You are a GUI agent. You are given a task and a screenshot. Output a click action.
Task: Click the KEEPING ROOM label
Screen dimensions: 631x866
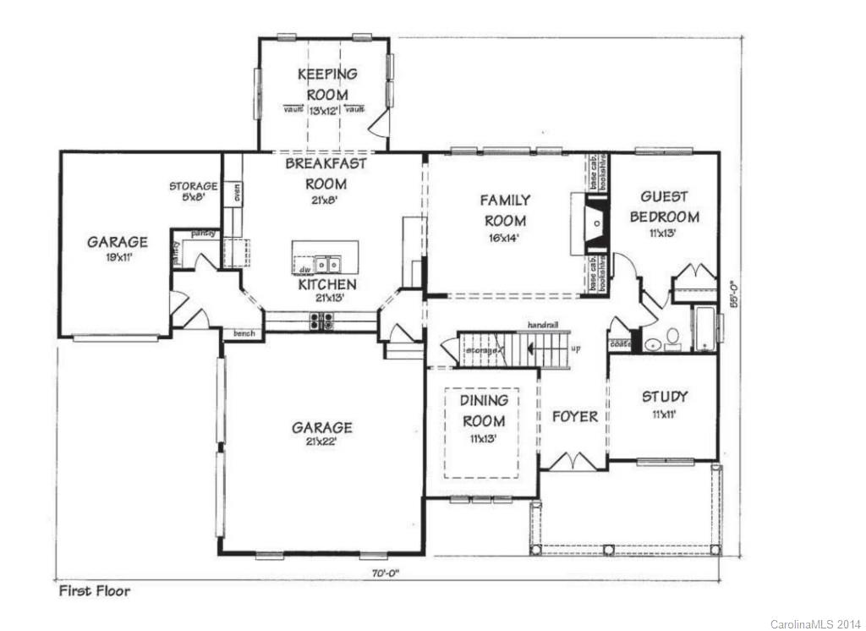pyautogui.click(x=326, y=85)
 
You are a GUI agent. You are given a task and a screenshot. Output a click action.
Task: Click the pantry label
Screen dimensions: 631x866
pyautogui.click(x=202, y=233)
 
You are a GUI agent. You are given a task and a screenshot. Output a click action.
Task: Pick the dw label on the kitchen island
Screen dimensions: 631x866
pyautogui.click(x=302, y=270)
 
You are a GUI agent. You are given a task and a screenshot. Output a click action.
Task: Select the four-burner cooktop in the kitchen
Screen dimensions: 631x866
pyautogui.click(x=322, y=321)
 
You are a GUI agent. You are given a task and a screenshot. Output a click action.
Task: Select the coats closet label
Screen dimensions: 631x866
pyautogui.click(x=619, y=344)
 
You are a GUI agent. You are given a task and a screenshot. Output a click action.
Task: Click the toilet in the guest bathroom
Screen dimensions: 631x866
pyautogui.click(x=673, y=337)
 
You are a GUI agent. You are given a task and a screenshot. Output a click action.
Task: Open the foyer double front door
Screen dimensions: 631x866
pyautogui.click(x=573, y=461)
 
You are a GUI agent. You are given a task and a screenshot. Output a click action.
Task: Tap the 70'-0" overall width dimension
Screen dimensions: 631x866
pyautogui.click(x=383, y=573)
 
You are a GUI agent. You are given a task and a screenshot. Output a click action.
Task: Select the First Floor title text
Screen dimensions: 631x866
pyautogui.click(x=94, y=591)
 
